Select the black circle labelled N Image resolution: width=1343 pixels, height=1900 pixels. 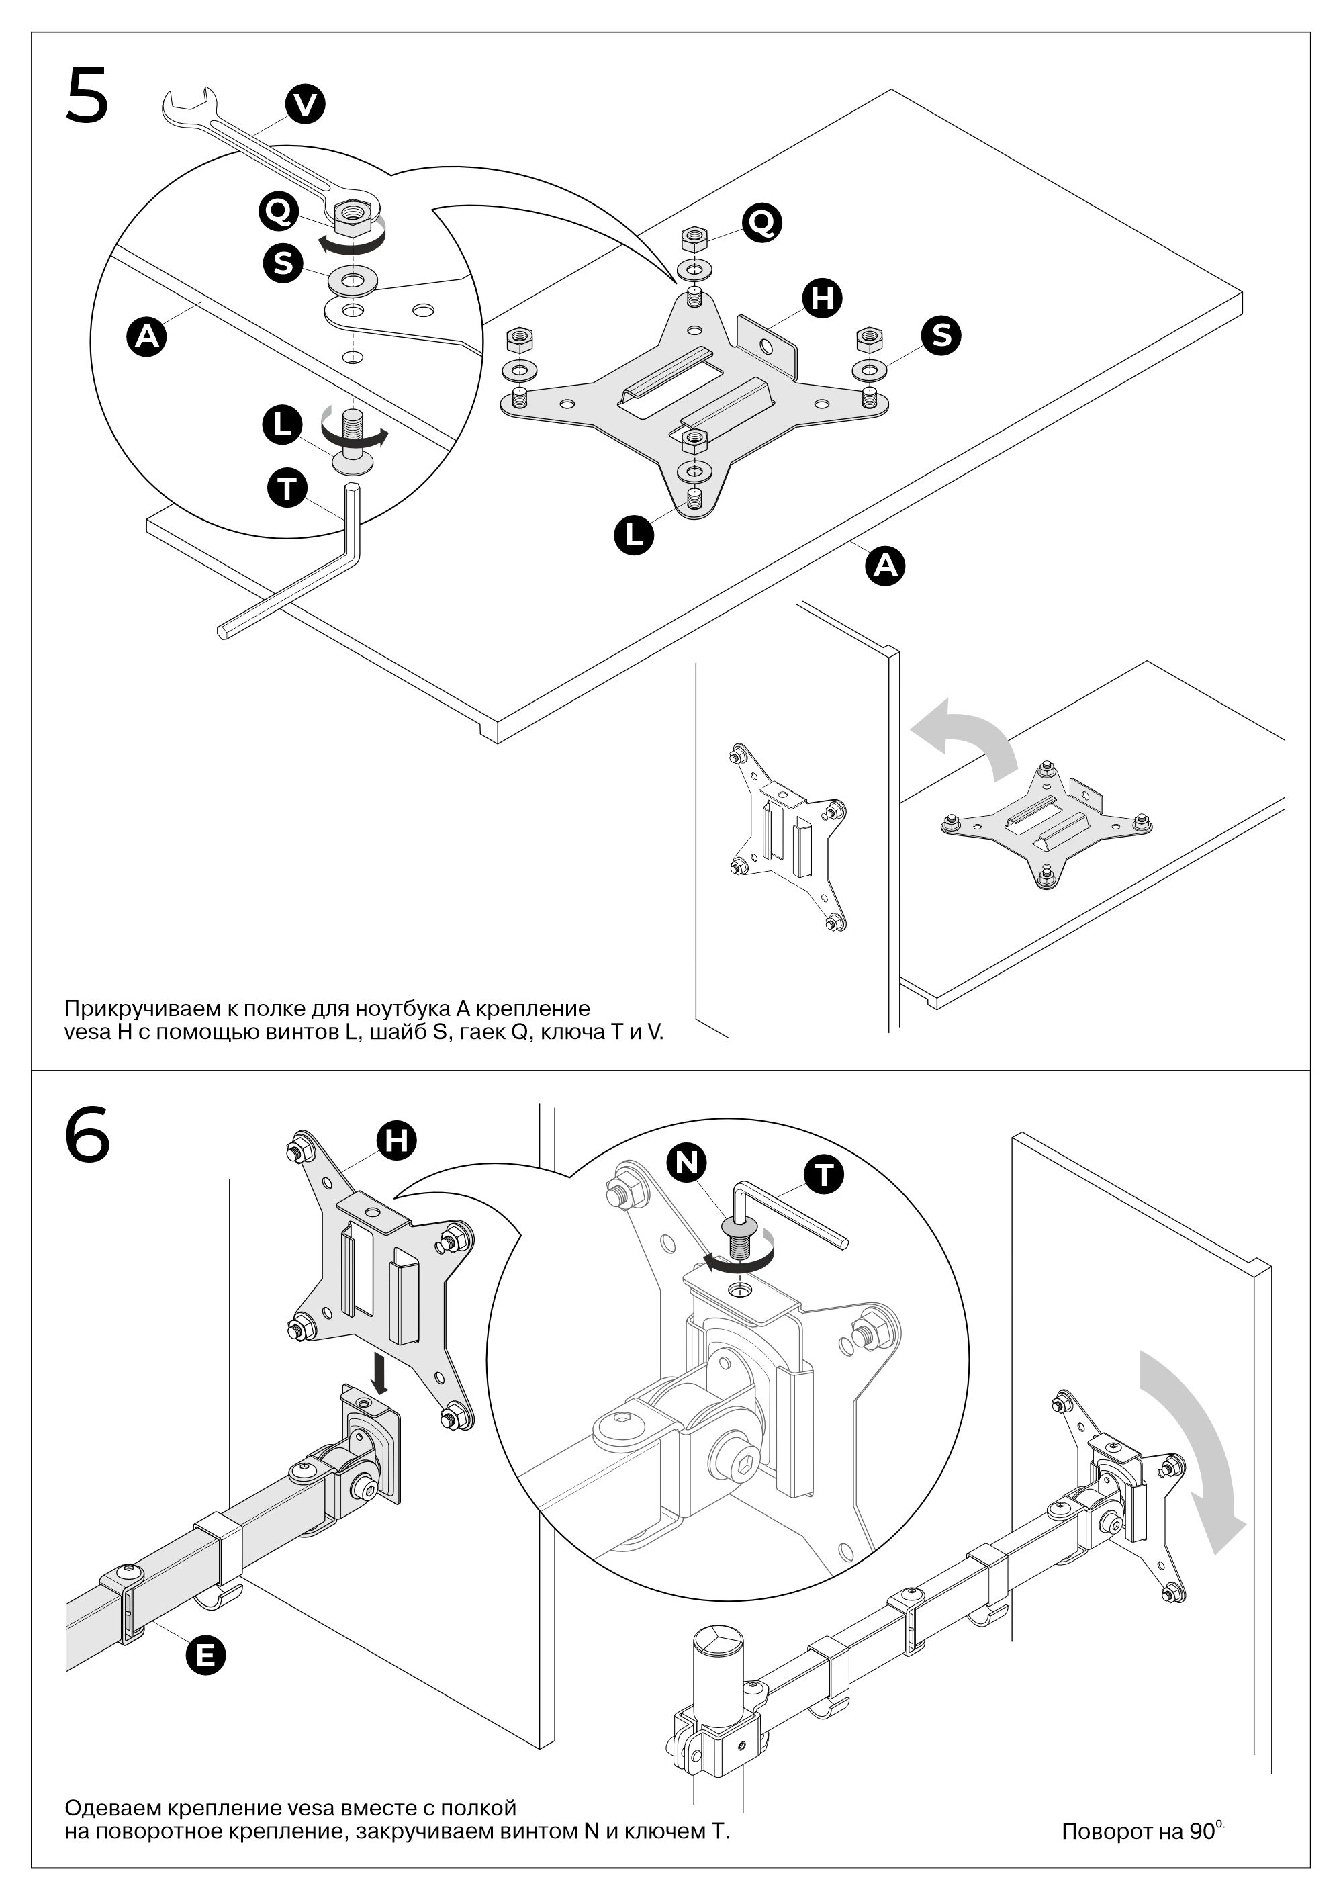(687, 1163)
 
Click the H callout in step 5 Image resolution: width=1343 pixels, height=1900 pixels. (822, 298)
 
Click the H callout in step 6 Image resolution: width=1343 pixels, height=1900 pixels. (396, 1140)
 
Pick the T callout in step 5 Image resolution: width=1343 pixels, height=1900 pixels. (287, 488)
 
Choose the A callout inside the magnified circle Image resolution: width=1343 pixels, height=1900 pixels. (146, 336)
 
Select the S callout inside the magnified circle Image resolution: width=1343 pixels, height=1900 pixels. (283, 263)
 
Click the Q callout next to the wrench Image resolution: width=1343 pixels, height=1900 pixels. (278, 211)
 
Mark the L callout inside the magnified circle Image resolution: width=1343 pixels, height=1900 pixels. (282, 424)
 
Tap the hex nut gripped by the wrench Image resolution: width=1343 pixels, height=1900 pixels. (353, 215)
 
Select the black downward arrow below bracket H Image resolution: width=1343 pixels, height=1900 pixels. (380, 1373)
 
